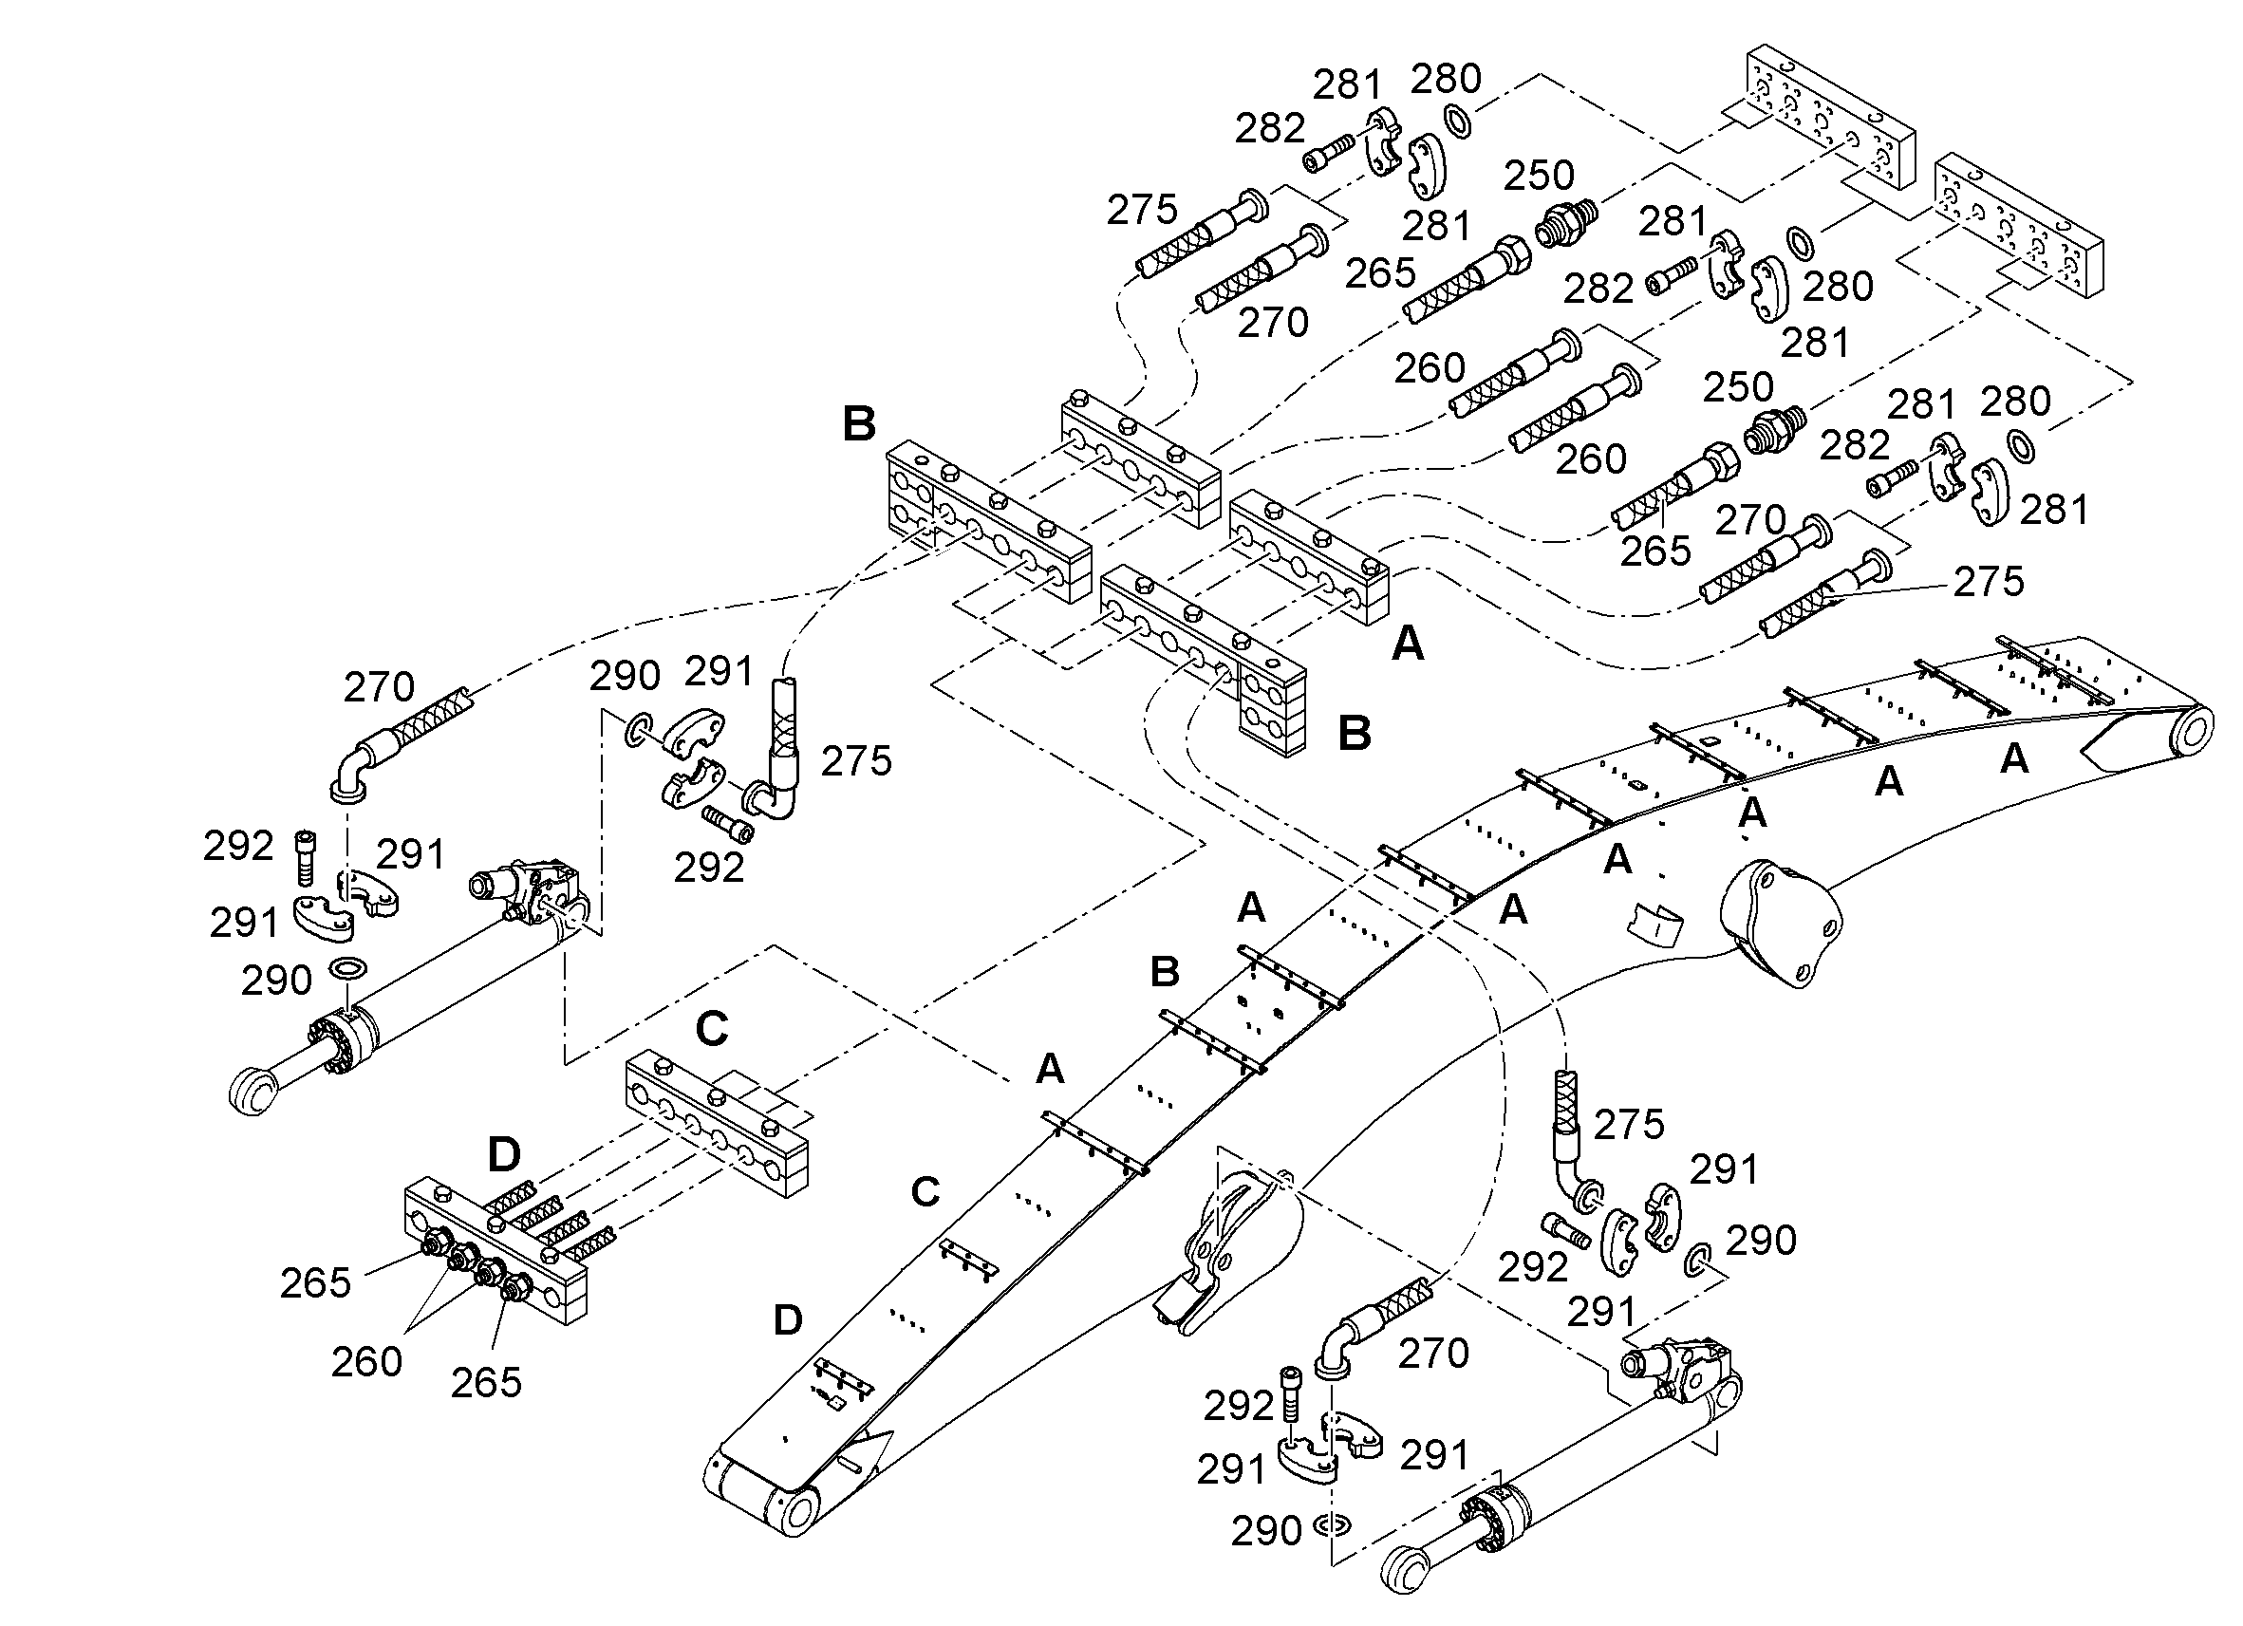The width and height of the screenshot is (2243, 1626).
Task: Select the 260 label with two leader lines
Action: pos(365,1362)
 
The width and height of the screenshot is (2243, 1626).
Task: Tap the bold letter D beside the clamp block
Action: pos(504,1153)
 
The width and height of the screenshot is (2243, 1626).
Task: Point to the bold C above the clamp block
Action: pos(712,1030)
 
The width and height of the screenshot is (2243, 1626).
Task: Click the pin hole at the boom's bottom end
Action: pos(799,1512)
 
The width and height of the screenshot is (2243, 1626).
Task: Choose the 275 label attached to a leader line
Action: pos(1989,582)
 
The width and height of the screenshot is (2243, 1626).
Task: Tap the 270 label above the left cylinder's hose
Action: pos(379,686)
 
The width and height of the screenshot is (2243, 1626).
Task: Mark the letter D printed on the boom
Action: pos(787,1319)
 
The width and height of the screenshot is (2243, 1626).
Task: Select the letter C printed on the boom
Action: pos(925,1192)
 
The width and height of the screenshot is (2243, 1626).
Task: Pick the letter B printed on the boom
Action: pos(1165,972)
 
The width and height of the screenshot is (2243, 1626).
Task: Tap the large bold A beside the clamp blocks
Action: pos(1408,645)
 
